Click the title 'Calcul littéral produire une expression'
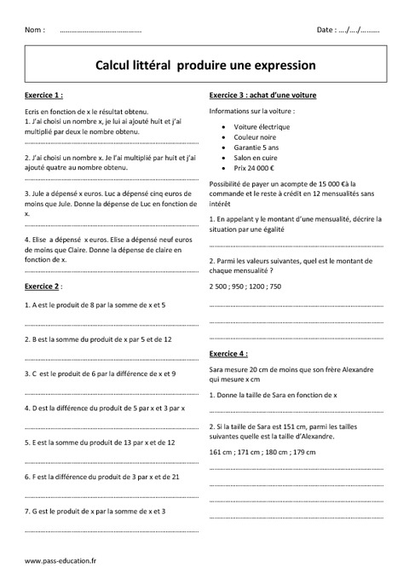pyautogui.click(x=206, y=64)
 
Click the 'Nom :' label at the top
pyautogui.click(x=35, y=30)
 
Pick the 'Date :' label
pyautogui.click(x=328, y=30)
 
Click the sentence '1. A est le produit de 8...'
pyautogui.click(x=95, y=304)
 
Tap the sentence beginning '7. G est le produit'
pyautogui.click(x=95, y=511)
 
